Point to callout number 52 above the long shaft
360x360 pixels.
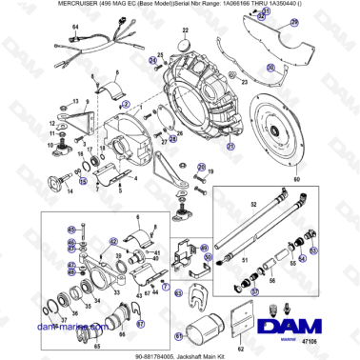tap(253, 204)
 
